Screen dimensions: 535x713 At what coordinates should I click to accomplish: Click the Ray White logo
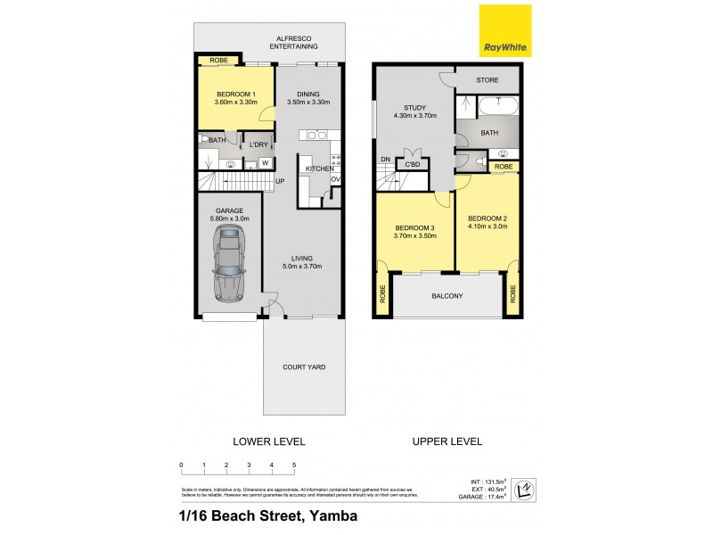pos(505,31)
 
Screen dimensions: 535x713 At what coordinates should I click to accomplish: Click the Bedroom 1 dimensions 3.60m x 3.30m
pos(235,102)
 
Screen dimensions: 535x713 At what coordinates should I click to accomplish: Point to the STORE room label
pos(487,80)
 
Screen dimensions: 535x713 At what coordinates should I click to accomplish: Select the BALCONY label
pos(448,296)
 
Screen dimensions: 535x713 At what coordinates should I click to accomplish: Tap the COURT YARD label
pos(303,366)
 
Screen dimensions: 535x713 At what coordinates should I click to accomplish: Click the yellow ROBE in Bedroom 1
pos(218,61)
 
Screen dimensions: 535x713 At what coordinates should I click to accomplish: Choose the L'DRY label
pos(258,144)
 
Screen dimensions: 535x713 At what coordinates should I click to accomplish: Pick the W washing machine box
pos(265,163)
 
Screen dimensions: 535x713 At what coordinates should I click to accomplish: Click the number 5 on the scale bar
pos(294,465)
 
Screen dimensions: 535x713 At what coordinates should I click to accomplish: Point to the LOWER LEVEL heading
pos(268,441)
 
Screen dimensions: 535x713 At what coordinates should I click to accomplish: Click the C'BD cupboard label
pos(413,165)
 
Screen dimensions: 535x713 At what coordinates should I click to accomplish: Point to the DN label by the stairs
pos(385,160)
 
